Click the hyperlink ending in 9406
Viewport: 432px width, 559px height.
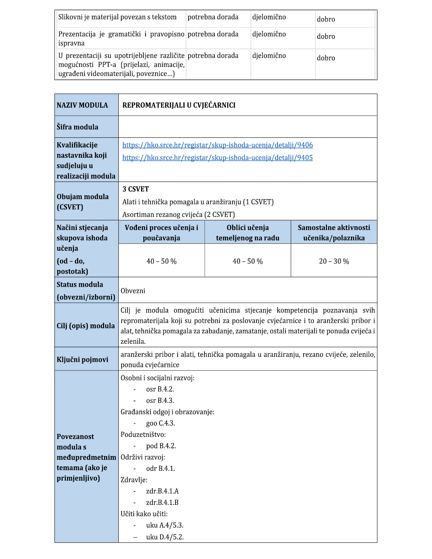217,145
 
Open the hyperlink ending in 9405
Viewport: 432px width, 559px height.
217,158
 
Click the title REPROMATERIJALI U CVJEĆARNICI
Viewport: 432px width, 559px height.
179,105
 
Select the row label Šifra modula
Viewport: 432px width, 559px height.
77,127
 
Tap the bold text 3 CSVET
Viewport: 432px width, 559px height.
136,189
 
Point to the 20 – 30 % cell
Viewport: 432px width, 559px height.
334,261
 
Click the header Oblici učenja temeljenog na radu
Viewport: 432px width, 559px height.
247,233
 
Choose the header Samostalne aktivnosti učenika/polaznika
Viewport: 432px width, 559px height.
334,233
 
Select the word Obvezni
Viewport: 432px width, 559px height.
133,291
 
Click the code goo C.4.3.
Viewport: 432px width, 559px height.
161,423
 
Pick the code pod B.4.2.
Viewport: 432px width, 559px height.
161,446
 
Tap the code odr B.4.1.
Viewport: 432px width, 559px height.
161,469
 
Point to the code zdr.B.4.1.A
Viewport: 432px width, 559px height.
162,491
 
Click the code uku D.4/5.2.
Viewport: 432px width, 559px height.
165,537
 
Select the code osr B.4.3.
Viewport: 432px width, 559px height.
160,401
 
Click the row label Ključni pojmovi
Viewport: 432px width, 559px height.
82,360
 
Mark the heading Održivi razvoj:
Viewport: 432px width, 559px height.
143,457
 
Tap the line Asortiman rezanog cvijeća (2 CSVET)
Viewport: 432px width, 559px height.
179,215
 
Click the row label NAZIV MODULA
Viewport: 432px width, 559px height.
82,105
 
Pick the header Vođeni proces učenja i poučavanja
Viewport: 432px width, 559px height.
161,233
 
